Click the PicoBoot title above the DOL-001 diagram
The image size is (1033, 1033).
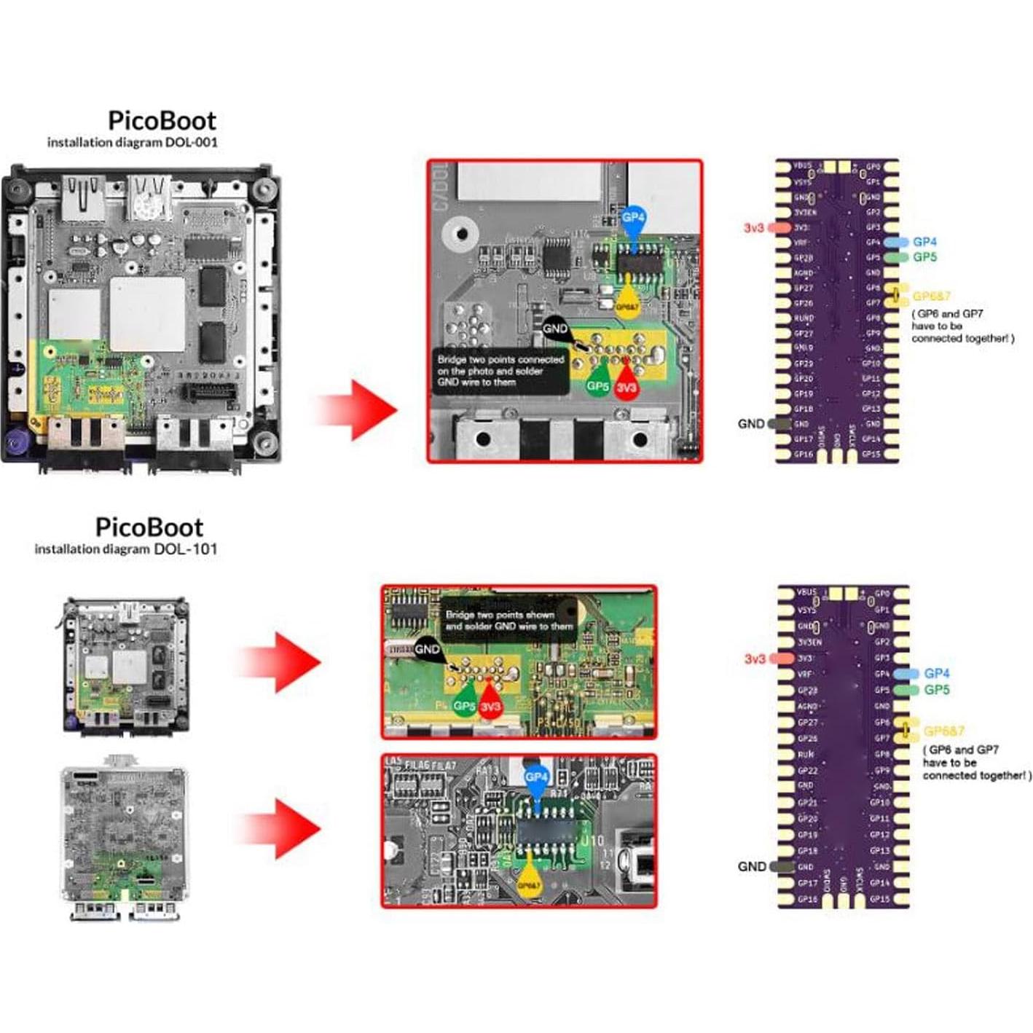tap(162, 120)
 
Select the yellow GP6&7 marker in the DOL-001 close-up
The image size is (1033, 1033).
tap(627, 305)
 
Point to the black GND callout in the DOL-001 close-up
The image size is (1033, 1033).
tap(556, 329)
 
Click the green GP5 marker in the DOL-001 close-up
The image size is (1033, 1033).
tap(598, 385)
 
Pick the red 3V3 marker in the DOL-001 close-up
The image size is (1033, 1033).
tap(627, 386)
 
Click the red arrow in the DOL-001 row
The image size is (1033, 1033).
tap(356, 409)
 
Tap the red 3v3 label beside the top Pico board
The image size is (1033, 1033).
tap(754, 228)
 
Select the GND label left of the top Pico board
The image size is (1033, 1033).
tap(751, 423)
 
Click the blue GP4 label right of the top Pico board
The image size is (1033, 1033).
tap(924, 241)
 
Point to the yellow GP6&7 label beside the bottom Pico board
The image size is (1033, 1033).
tap(943, 731)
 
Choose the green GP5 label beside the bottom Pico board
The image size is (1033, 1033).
tap(936, 689)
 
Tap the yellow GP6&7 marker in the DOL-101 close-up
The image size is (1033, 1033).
tap(529, 884)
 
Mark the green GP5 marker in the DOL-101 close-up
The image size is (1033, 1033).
tap(464, 704)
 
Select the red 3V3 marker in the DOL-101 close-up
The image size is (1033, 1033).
tap(491, 705)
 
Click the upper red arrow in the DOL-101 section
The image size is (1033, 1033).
tap(280, 661)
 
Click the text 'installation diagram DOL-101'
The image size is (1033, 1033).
tap(125, 549)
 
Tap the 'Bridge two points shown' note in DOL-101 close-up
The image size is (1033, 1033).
tap(508, 620)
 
